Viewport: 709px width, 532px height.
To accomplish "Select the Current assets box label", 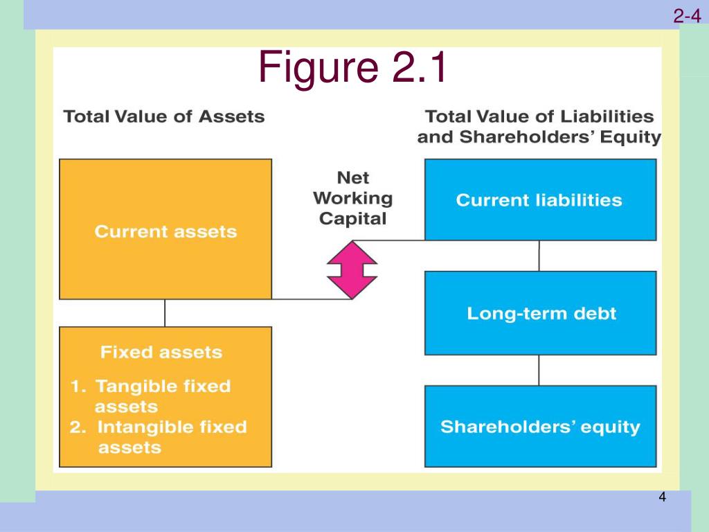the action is tap(165, 231).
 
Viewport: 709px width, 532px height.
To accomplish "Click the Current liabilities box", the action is tap(540, 200).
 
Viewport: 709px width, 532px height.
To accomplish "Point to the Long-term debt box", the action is tap(540, 313).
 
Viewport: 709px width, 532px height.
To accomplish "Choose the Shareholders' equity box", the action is tap(540, 427).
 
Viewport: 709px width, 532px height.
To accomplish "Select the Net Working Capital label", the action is tap(352, 199).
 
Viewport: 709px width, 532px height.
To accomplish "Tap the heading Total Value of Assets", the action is tap(164, 116).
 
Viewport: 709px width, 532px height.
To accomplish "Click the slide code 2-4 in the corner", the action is tap(687, 17).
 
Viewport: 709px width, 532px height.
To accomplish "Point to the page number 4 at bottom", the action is tap(662, 497).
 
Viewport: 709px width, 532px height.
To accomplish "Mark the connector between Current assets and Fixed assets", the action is tap(165, 312).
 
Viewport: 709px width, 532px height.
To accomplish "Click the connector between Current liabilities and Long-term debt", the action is tap(539, 256).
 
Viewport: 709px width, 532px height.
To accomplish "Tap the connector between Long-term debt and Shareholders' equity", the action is tap(539, 370).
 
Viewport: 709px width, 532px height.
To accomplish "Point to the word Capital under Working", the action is tap(352, 220).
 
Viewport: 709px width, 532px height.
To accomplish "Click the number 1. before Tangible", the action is tap(78, 387).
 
